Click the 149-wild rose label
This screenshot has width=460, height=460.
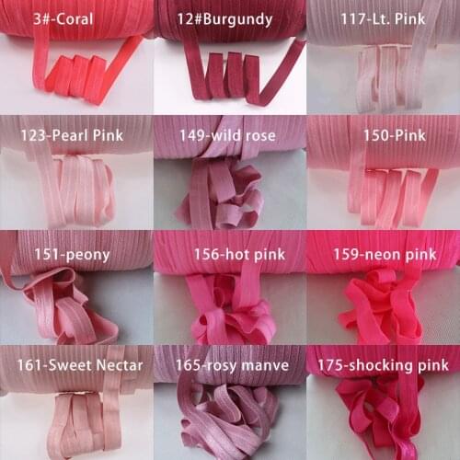227,136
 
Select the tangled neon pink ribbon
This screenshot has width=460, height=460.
382,308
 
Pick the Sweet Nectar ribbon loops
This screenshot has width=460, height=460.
78,419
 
